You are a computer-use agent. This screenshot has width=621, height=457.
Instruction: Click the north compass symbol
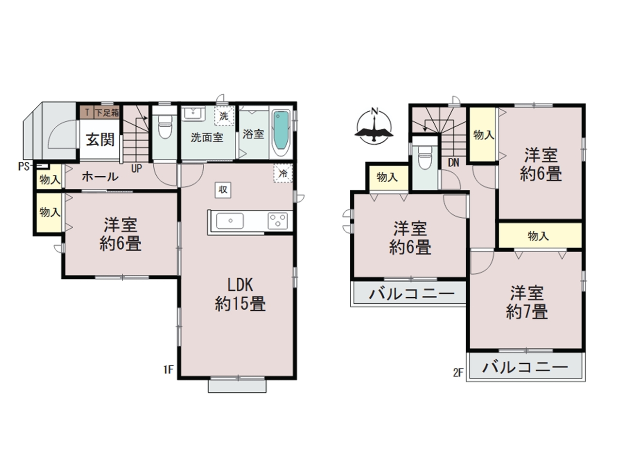click(374, 126)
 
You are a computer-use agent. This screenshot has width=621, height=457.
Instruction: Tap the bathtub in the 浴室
click(281, 134)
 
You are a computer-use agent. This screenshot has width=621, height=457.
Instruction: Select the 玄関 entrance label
click(100, 139)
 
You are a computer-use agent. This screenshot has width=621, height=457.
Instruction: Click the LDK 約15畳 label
click(240, 294)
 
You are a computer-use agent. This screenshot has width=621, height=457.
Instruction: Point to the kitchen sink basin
click(230, 221)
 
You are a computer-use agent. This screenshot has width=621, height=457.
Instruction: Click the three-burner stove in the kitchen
click(278, 221)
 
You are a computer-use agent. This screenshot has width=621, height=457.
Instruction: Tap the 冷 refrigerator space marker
click(283, 173)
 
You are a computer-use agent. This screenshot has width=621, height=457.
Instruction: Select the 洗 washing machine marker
click(224, 116)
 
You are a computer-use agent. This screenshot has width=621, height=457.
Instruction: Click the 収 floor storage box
click(223, 190)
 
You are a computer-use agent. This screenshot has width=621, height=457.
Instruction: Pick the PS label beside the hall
click(24, 167)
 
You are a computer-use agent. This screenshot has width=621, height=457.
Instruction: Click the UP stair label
click(136, 169)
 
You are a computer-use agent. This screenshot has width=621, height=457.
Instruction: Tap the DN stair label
click(454, 163)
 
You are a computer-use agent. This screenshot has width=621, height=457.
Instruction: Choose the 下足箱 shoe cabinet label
click(107, 113)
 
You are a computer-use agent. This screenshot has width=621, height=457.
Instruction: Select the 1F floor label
click(168, 369)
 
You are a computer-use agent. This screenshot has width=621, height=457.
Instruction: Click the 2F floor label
click(458, 372)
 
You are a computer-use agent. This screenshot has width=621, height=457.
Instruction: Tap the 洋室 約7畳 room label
click(527, 302)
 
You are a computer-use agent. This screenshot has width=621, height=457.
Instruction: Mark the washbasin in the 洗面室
click(193, 114)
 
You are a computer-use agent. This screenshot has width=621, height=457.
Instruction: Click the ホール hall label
click(100, 177)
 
